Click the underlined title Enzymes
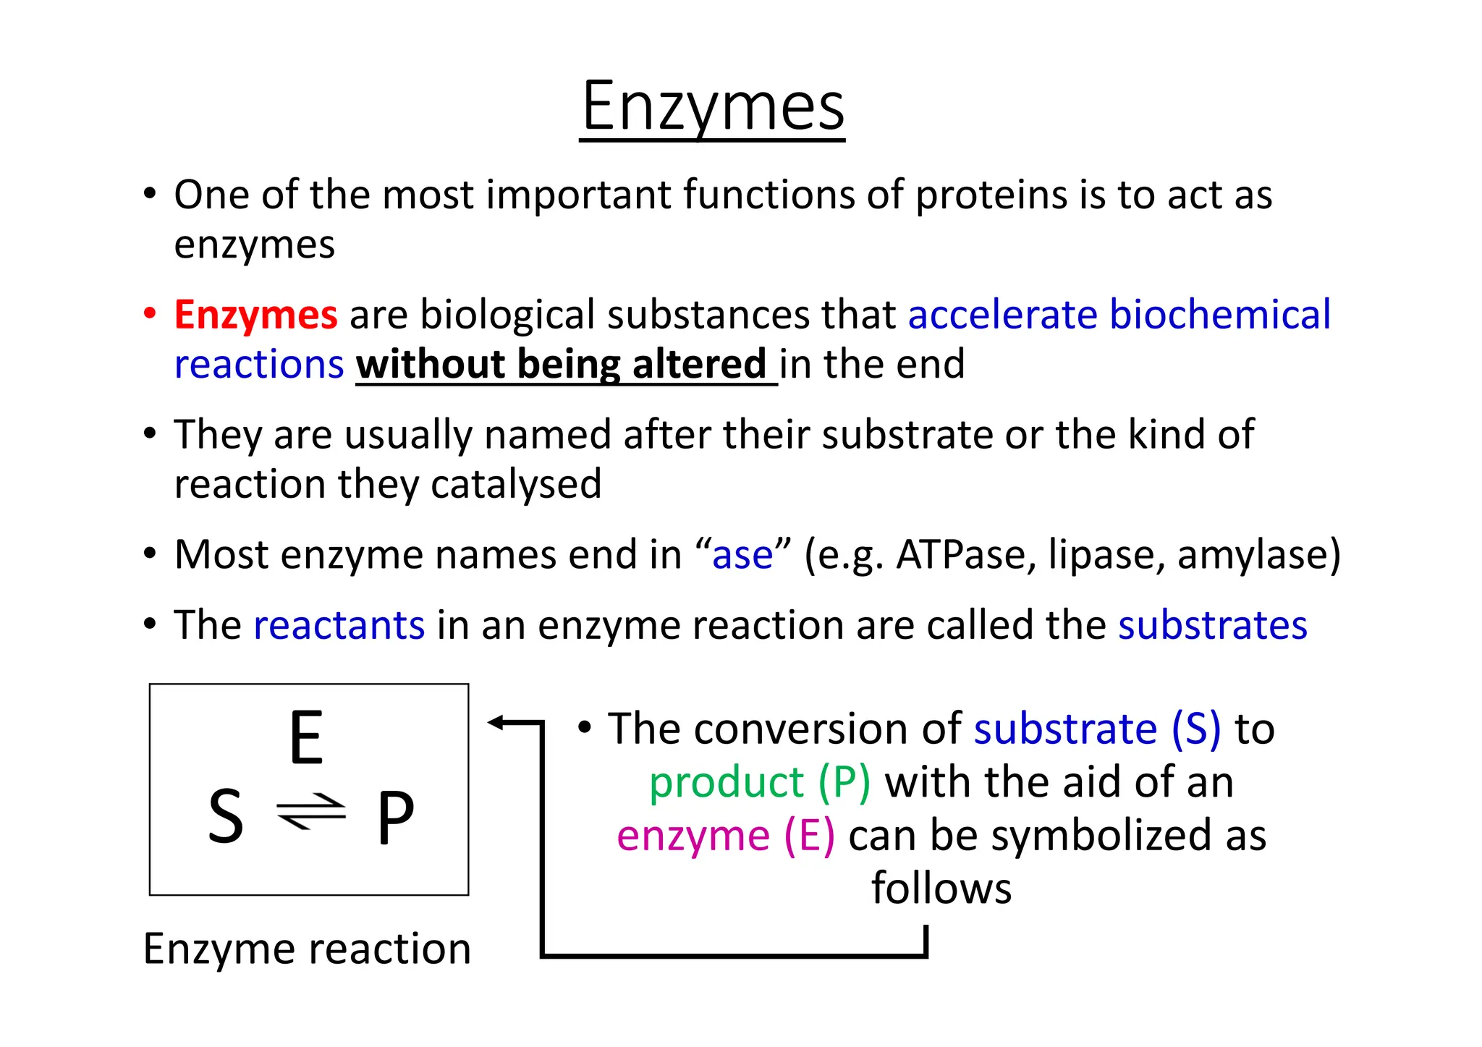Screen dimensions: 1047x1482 point(713,107)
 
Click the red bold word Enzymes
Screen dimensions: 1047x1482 point(255,315)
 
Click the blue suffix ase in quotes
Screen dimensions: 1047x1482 point(742,555)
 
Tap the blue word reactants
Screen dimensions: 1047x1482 point(339,625)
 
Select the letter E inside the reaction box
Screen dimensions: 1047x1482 point(306,738)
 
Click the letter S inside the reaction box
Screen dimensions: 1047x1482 point(225,816)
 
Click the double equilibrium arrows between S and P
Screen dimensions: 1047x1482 point(311,812)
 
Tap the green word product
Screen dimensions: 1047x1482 point(726,782)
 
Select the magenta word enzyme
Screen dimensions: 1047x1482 point(693,836)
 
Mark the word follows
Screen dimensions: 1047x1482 point(941,889)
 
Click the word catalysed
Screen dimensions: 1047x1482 point(516,484)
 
